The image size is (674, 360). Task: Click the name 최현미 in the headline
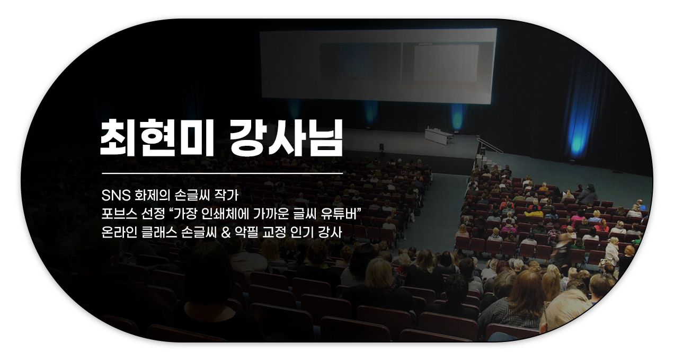[x=157, y=137]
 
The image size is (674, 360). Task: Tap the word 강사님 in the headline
[x=286, y=137]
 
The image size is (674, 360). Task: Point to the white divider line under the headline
[x=223, y=174]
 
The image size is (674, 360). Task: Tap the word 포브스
[x=119, y=214]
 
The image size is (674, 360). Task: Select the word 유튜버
[x=338, y=214]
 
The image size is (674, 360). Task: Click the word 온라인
[x=119, y=233]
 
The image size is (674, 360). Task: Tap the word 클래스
[x=159, y=233]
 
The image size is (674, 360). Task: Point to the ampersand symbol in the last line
[x=225, y=233]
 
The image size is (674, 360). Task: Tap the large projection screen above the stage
[x=378, y=66]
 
